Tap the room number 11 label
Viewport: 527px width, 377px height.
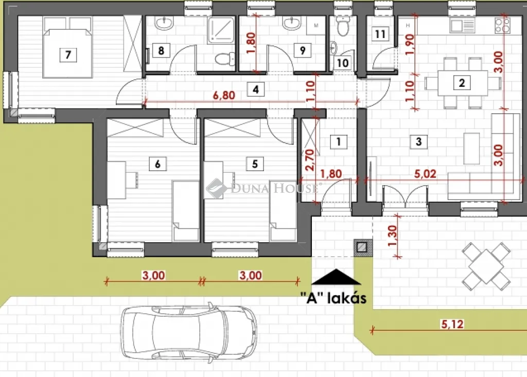(380, 34)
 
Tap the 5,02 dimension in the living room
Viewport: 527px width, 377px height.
(425, 174)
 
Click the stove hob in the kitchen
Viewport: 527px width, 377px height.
(502, 24)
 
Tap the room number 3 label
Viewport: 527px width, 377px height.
(418, 141)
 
